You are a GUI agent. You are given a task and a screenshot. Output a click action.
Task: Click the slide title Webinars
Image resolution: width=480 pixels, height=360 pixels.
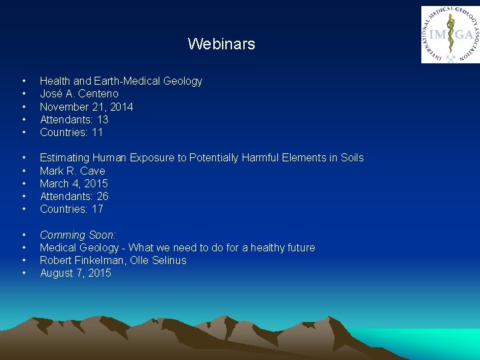(x=221, y=44)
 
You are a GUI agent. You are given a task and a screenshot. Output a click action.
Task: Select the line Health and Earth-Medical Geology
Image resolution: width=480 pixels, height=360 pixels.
(x=121, y=81)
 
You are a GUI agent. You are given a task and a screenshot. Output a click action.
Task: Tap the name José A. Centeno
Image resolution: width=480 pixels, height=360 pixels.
(x=79, y=94)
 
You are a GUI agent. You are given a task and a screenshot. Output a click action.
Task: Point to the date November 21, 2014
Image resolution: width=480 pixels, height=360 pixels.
(x=86, y=107)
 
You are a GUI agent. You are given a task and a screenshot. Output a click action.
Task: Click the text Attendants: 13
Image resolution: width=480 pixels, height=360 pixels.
(x=74, y=119)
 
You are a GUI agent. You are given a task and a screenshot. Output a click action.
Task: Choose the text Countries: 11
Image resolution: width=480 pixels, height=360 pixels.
(x=71, y=132)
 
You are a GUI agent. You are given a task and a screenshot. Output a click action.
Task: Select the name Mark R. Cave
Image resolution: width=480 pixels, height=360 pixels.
(x=72, y=171)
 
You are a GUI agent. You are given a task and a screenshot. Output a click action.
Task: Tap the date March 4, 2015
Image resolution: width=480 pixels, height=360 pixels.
(x=73, y=183)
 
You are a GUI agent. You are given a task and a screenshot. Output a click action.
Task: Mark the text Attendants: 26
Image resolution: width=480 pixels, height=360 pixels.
(x=74, y=196)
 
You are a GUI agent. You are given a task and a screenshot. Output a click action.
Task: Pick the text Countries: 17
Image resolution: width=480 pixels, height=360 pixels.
(x=71, y=209)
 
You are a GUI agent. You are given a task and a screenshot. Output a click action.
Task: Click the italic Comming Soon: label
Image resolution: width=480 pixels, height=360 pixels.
(x=77, y=235)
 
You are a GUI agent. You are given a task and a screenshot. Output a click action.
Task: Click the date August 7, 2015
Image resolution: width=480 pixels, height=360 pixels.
(x=75, y=273)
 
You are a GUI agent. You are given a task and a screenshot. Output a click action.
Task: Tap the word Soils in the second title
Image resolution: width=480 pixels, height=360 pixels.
(x=351, y=158)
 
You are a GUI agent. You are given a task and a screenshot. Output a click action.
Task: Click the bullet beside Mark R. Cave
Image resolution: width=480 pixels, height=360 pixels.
(x=24, y=171)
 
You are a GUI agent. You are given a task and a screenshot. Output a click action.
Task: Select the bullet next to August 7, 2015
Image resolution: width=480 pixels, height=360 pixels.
(x=24, y=273)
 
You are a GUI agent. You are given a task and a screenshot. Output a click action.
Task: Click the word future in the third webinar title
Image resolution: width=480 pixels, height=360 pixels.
(x=300, y=247)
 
